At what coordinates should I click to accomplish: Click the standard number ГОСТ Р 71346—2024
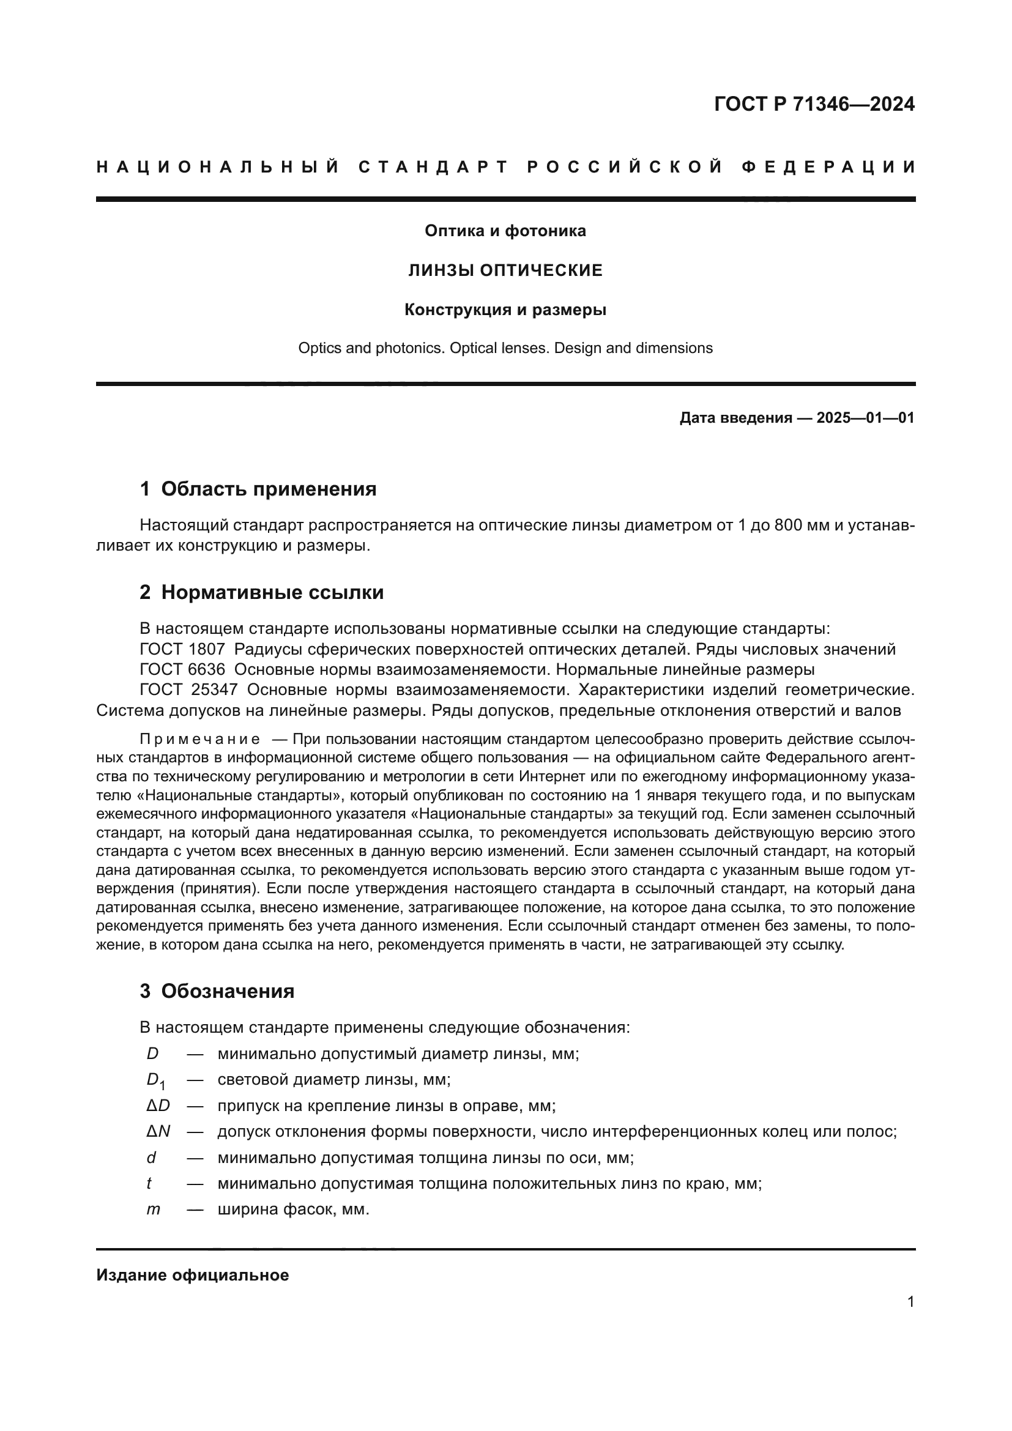(814, 104)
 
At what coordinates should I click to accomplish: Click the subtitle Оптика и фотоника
(505, 231)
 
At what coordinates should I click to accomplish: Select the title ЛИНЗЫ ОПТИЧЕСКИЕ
(505, 270)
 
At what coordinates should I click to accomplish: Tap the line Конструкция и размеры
(505, 310)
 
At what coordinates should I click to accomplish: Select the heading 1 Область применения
(258, 489)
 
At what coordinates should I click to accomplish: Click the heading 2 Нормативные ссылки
(262, 593)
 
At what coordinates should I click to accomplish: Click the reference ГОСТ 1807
(182, 650)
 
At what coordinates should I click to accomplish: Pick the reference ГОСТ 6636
(182, 670)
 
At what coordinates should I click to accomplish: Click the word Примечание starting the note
(199, 740)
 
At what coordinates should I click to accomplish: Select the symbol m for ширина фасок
(154, 1210)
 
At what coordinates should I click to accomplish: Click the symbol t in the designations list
(149, 1184)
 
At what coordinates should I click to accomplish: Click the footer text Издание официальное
(193, 1275)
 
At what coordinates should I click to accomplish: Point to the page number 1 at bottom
(910, 1302)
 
